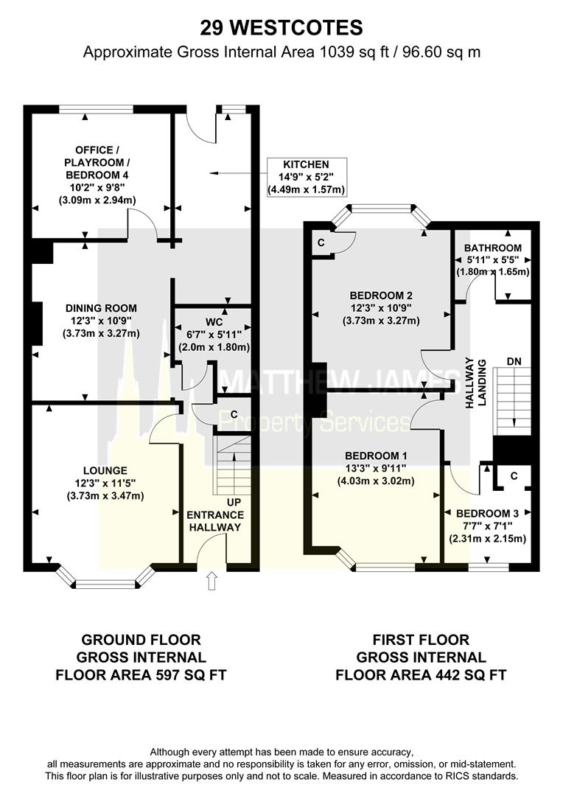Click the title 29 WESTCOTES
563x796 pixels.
tap(281, 28)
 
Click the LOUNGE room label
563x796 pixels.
tap(105, 469)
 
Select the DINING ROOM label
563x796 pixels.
tap(101, 308)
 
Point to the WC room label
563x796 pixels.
tap(213, 322)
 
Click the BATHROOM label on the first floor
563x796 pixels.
tap(493, 248)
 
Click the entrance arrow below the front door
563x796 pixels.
tap(213, 582)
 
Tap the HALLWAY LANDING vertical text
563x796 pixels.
tap(475, 384)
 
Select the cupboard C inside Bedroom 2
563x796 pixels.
tap(321, 242)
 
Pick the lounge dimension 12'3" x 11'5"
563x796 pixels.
tap(105, 483)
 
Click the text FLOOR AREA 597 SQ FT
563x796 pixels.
tap(141, 674)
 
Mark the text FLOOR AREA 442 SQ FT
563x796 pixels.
tap(421, 674)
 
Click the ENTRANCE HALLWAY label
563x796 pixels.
tap(214, 521)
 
